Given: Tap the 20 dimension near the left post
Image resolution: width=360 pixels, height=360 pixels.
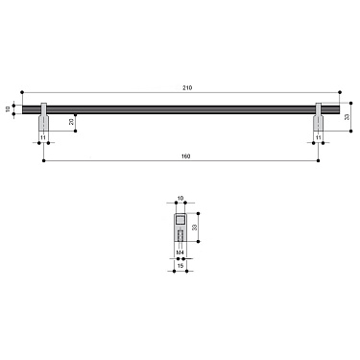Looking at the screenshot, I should pos(71,122).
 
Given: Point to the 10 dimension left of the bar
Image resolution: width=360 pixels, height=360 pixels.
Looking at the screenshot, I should pos(7,108).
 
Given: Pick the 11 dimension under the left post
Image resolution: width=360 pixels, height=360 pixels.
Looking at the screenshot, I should pos(43,139).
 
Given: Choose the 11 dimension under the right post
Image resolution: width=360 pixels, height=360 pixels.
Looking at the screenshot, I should pos(319,139).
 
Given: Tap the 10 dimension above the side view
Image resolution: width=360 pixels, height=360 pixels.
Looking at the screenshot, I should pos(180,200).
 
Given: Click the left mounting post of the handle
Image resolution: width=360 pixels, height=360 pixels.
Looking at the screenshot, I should pos(43,124).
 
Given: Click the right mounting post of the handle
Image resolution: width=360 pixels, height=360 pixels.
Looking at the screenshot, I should pos(319,124).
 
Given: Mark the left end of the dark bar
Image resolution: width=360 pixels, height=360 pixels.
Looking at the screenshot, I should pos(21,108).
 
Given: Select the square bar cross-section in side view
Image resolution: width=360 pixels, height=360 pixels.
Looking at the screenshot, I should pos(180,220).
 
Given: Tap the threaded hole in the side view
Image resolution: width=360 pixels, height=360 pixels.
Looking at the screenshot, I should pos(180,237).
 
